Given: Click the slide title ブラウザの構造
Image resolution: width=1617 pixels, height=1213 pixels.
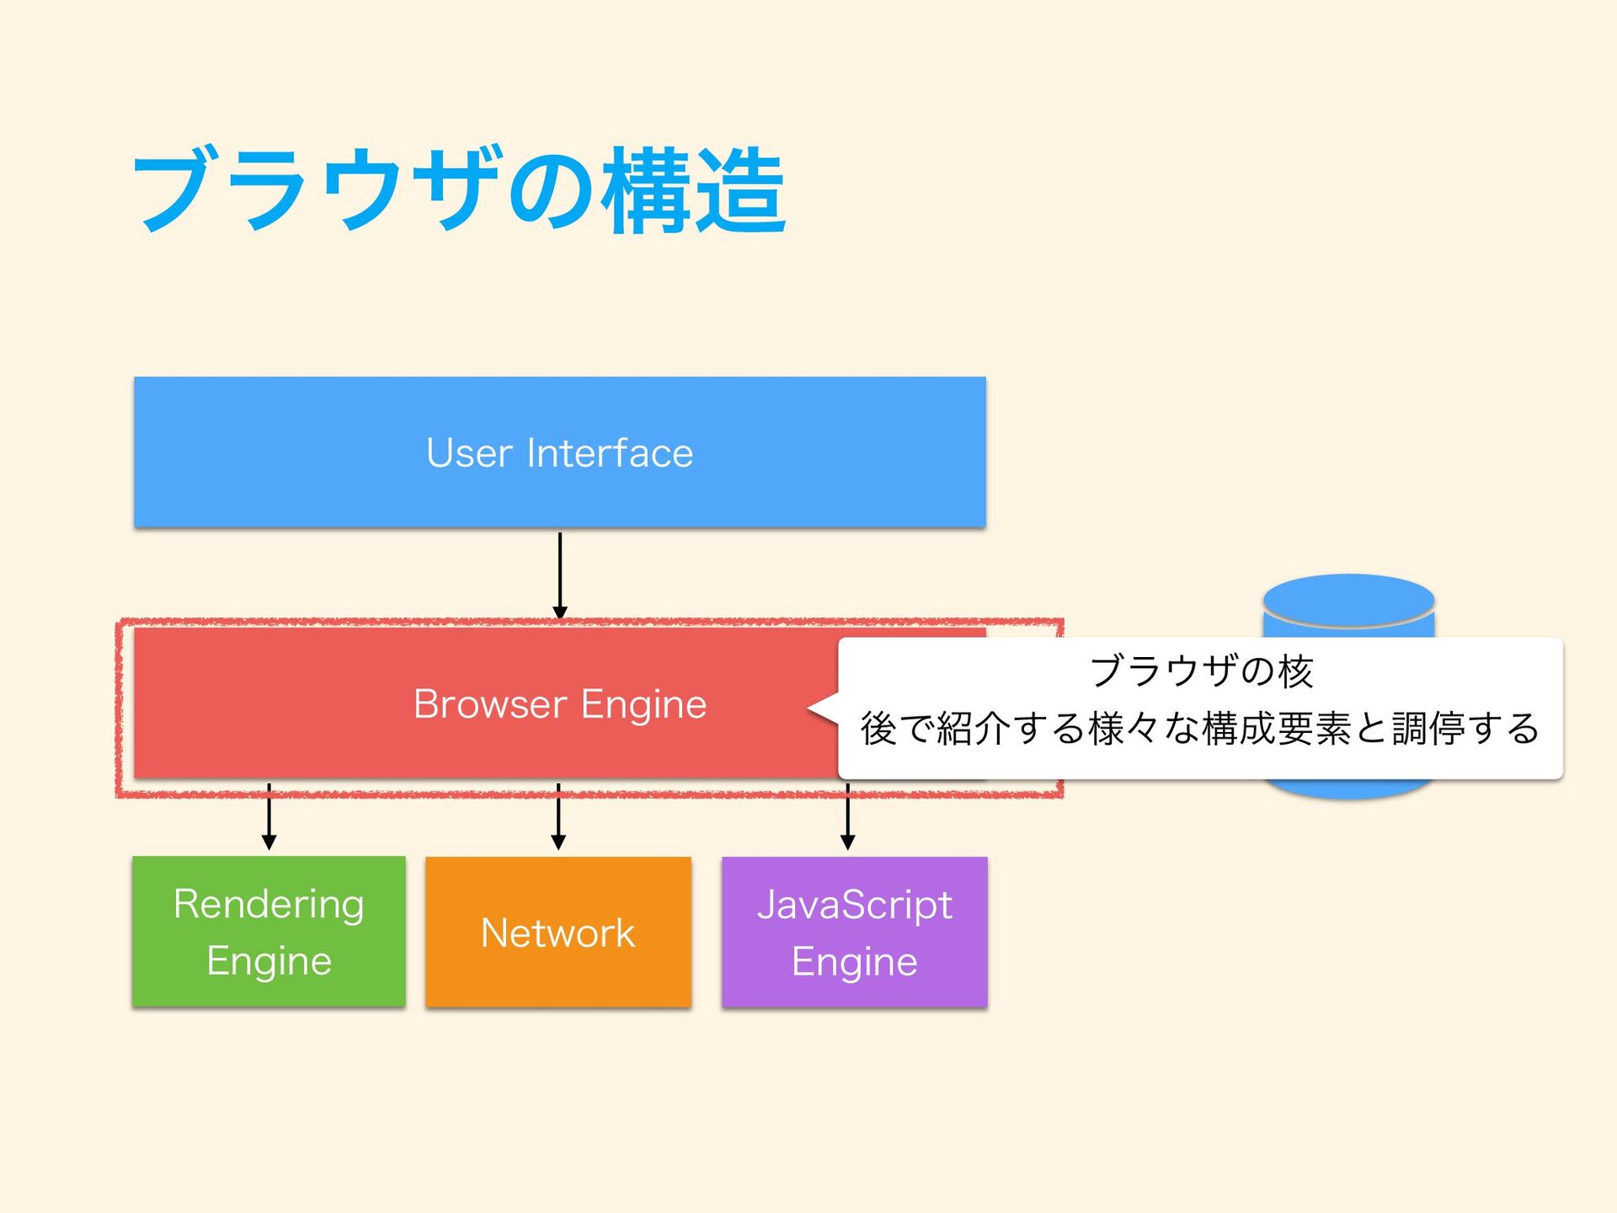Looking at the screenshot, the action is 460,190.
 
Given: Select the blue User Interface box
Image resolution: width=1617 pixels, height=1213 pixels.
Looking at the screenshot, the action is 560,452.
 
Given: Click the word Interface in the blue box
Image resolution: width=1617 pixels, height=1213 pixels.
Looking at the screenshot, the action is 610,452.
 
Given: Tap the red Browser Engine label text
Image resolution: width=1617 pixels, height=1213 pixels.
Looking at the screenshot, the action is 560,704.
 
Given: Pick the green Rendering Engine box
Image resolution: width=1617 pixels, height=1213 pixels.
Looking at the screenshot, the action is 269,932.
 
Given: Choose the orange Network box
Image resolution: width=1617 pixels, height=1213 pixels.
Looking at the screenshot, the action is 558,932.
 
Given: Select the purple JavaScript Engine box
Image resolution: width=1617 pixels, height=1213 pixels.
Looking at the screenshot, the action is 855,932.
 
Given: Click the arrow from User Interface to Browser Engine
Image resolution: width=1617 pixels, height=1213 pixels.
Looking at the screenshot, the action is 560,576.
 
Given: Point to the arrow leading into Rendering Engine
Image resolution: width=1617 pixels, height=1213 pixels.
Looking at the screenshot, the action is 269,816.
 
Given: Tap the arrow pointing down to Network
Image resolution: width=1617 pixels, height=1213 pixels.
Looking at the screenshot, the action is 558,816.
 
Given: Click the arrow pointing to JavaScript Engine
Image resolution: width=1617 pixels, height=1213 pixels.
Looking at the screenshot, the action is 848,816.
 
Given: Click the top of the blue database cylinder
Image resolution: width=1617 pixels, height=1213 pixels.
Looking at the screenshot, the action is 1348,601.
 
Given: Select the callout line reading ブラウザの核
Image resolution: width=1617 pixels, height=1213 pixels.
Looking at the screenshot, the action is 1201,671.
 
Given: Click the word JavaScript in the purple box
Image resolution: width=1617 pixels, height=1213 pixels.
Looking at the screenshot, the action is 855,906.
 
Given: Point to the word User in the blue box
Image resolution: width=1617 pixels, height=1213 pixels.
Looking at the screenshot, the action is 469,452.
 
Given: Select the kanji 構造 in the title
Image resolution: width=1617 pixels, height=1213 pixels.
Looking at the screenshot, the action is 694,190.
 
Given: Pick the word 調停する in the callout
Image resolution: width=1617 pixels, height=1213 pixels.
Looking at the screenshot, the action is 1465,729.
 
